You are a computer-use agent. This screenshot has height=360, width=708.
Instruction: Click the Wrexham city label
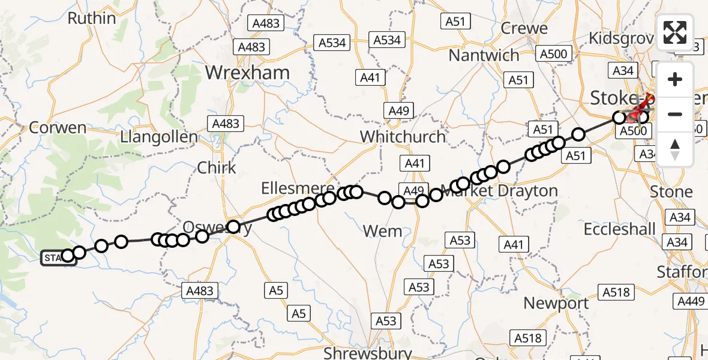[247, 73]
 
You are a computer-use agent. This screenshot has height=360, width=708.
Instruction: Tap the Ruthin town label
[91, 19]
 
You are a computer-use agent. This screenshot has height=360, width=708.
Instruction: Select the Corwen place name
[58, 128]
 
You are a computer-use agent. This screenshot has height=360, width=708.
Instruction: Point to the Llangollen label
[158, 137]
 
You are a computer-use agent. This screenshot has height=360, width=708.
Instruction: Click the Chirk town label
[217, 167]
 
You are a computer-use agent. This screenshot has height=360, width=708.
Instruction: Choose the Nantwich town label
[484, 55]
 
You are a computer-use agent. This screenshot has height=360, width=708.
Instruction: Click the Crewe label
[524, 28]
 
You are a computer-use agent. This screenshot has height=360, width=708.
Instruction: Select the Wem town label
[383, 230]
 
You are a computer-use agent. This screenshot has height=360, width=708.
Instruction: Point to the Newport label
[556, 303]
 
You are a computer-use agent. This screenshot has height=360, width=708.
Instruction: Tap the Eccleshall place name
[620, 229]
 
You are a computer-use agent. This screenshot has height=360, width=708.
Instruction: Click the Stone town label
[671, 192]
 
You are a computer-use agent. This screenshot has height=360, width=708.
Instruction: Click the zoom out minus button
[675, 114]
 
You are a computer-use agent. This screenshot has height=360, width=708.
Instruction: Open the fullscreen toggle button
[675, 32]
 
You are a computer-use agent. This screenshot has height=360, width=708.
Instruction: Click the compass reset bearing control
[675, 149]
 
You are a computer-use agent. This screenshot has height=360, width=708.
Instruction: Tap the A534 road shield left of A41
[332, 43]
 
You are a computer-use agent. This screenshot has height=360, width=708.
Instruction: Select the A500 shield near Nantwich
[553, 54]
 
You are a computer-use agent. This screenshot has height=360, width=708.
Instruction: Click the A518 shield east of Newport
[616, 292]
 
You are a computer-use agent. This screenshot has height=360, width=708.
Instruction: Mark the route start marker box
[58, 258]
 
